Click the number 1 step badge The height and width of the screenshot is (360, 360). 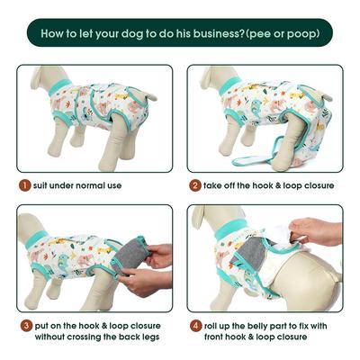click(23, 185)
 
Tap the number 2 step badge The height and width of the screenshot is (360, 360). click(194, 185)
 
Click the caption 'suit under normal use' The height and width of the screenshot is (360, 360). click(77, 185)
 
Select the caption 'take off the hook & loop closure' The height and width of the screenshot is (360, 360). click(269, 185)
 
